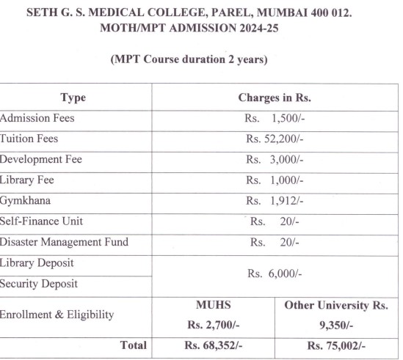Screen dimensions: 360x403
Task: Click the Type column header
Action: point(73,98)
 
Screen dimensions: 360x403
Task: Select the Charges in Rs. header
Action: point(275,98)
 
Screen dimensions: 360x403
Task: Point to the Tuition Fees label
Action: point(29,138)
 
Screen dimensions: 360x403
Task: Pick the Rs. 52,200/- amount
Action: point(275,139)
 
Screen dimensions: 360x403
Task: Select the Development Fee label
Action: point(41,158)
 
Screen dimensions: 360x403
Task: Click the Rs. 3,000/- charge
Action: point(275,159)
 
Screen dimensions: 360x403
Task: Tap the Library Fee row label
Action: point(27,179)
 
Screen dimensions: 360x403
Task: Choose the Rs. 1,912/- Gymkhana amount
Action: point(275,200)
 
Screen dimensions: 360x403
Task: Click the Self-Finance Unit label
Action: point(41,221)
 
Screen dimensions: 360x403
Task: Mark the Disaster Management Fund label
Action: point(64,241)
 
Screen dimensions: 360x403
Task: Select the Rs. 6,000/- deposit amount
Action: point(275,273)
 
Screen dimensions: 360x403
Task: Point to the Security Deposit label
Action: point(39,283)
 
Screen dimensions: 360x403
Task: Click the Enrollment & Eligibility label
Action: point(57,315)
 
